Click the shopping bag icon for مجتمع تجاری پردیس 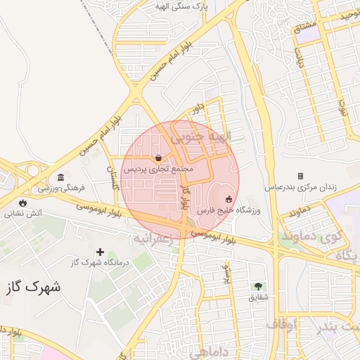click(158, 157)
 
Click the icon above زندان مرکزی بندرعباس click(300, 176)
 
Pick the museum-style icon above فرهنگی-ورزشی click(61, 176)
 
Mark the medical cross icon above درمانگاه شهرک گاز click(101, 252)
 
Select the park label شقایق click(258, 297)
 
